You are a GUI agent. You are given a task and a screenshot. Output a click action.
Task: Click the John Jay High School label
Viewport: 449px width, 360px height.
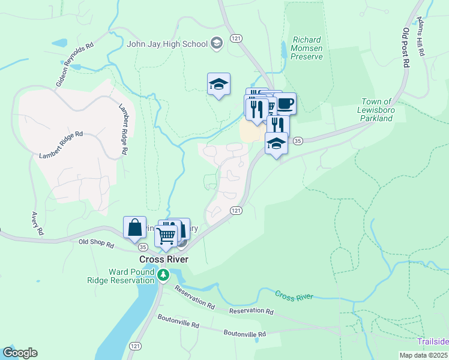click(x=167, y=43)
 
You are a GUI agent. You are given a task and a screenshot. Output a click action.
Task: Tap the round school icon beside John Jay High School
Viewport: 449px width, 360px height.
click(x=217, y=43)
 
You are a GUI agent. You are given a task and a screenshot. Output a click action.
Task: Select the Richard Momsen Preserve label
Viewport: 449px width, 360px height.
click(x=307, y=48)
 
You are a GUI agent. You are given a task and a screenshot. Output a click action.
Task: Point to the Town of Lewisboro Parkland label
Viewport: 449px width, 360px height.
click(x=376, y=110)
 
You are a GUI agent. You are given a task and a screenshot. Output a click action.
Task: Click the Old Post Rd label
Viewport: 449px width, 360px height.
click(x=406, y=47)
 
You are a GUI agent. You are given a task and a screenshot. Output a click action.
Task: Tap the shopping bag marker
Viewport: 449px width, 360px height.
click(x=134, y=227)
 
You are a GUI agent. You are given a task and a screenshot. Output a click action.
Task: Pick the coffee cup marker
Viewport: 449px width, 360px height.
click(x=285, y=103)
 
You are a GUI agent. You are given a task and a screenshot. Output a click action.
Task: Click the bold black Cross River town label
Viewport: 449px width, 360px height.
click(x=164, y=259)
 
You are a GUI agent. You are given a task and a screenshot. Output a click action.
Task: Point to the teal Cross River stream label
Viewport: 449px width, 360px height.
click(x=295, y=295)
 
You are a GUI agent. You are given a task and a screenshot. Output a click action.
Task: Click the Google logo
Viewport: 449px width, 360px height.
click(x=20, y=353)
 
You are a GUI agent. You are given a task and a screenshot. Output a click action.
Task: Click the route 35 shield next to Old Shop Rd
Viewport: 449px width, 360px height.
click(x=142, y=247)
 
